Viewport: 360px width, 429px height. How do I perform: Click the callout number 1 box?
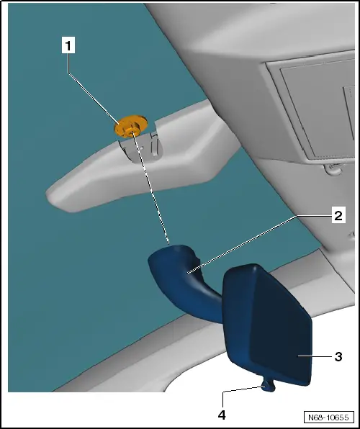(68, 45)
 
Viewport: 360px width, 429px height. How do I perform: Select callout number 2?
(338, 216)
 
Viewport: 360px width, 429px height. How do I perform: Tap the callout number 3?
(338, 356)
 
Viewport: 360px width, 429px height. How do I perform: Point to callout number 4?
(222, 415)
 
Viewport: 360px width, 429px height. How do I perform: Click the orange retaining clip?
(130, 126)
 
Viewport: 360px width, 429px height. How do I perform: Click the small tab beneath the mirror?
(268, 385)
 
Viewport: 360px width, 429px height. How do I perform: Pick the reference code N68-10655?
(328, 417)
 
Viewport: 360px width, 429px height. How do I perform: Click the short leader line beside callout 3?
(314, 356)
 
